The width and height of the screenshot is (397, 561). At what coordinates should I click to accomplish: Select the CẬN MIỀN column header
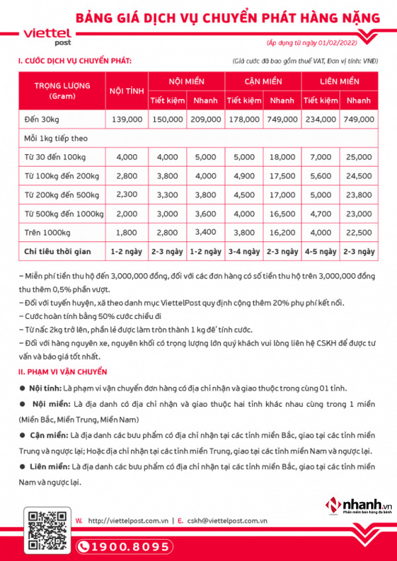pos(263,81)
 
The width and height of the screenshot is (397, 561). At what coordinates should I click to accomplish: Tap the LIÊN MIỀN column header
pos(339,81)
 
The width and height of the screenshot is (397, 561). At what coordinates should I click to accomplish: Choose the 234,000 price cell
pos(320,119)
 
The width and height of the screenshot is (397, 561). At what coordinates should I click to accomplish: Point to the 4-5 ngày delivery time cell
pos(320,251)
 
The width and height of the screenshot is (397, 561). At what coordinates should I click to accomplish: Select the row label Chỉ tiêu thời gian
pos(58,251)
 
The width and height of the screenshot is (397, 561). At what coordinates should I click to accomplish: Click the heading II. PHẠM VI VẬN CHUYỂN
pos(63,372)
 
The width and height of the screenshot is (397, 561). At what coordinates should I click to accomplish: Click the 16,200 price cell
pos(282,232)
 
